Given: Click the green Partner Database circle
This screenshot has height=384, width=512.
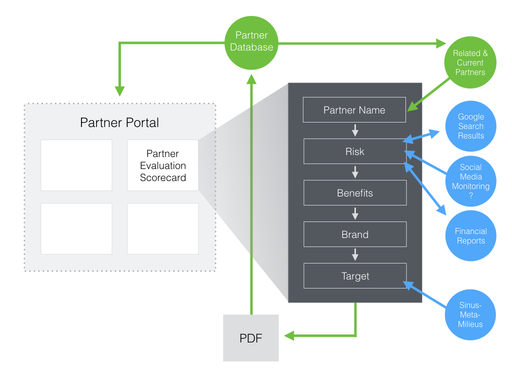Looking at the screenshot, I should (251, 41).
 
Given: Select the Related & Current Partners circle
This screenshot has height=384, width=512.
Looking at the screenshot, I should (470, 62).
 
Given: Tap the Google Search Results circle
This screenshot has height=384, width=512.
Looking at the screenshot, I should (471, 126).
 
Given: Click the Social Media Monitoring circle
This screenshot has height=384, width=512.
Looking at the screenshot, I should (470, 181).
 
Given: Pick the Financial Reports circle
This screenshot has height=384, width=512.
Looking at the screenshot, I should (470, 235).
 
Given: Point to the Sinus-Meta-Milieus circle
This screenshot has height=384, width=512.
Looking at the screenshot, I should (470, 315).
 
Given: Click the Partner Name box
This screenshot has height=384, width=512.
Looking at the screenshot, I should (354, 110).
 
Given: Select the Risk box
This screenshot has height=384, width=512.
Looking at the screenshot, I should (354, 151).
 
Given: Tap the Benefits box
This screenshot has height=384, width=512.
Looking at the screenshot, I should (354, 193).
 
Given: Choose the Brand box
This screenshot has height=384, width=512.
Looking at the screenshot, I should (354, 234).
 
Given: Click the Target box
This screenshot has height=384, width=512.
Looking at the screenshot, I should (354, 276).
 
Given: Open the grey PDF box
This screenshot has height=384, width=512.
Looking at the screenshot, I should (250, 338).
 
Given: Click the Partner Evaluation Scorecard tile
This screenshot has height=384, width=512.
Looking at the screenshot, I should (163, 165).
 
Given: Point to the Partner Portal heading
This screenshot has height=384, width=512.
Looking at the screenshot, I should (119, 122).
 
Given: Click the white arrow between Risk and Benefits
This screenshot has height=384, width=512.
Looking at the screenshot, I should (355, 172).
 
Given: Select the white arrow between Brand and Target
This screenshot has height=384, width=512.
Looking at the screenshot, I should (355, 255).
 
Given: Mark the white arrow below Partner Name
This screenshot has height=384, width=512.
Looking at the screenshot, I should (355, 131).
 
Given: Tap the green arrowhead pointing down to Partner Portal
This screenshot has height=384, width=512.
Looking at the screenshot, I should (119, 91).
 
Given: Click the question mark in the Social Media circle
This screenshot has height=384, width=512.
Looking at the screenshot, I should (470, 196).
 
